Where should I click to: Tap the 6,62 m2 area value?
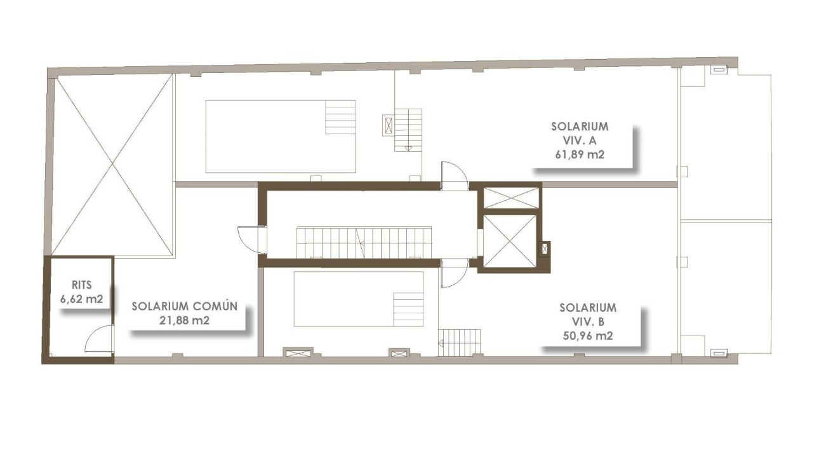[x=82, y=299]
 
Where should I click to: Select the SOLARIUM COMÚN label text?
[x=185, y=306]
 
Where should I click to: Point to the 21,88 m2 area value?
[x=185, y=320]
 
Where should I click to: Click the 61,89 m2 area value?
[x=580, y=153]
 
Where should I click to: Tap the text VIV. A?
[x=580, y=140]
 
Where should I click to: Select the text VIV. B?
[x=587, y=322]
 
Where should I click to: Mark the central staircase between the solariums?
[x=364, y=242]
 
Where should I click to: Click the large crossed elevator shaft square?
[x=510, y=241]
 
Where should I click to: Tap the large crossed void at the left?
[x=113, y=165]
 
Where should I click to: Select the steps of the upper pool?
[x=340, y=117]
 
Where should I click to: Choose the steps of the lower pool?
[x=408, y=308]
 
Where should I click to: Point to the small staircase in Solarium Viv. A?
[x=408, y=129]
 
